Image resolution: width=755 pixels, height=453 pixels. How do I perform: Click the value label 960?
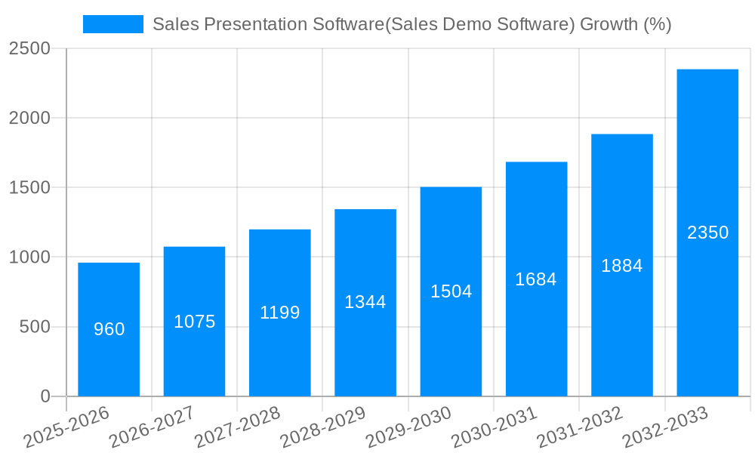[109, 329]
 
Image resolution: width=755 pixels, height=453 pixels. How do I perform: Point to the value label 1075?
[194, 322]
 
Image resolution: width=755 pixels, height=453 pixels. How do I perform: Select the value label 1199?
[280, 313]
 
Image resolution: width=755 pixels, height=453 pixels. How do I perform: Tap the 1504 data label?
[451, 291]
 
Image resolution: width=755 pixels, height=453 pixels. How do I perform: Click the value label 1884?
[621, 266]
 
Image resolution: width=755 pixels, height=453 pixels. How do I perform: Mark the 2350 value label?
[707, 233]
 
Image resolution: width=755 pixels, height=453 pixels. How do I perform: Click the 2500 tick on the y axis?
[29, 49]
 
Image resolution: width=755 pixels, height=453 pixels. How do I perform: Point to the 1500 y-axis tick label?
[29, 188]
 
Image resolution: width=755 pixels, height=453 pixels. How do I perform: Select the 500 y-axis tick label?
[35, 327]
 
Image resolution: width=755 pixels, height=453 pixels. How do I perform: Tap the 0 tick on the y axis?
[45, 396]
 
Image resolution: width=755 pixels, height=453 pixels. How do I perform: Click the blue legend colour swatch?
[112, 24]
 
